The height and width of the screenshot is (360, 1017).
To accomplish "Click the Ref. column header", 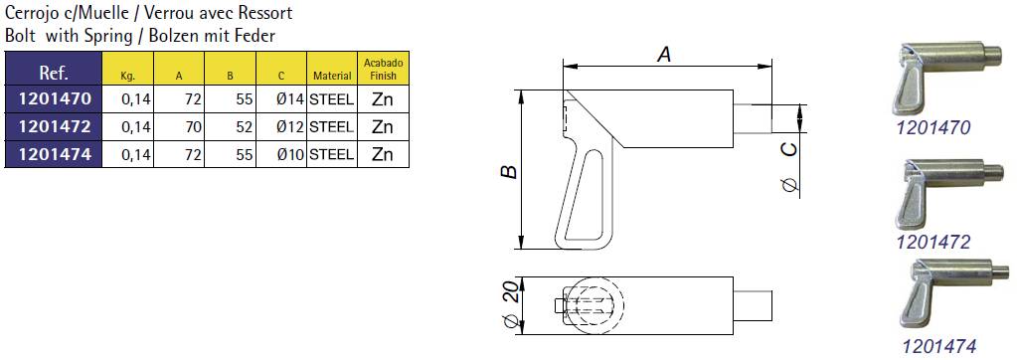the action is pyautogui.click(x=53, y=71).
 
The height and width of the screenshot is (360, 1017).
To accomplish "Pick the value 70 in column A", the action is pyautogui.click(x=193, y=127).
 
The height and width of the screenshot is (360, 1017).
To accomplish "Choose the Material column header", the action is pyautogui.click(x=332, y=76).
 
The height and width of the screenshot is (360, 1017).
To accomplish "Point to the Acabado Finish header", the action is pyautogui.click(x=384, y=69).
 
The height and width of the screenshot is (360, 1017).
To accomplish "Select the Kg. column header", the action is pyautogui.click(x=128, y=77).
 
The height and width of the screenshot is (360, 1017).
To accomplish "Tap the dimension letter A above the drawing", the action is pyautogui.click(x=664, y=55).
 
